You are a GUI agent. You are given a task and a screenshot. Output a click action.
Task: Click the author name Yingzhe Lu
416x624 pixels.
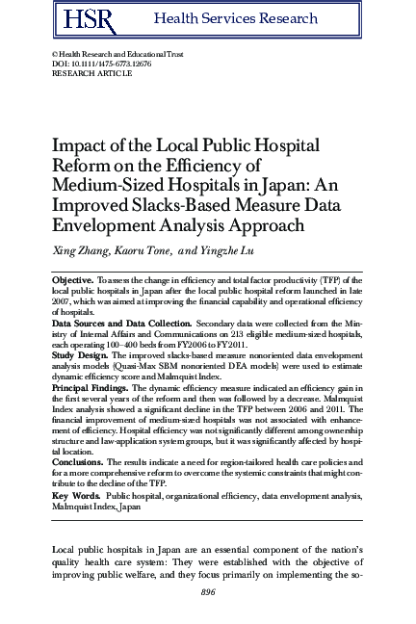coord(227,251)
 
